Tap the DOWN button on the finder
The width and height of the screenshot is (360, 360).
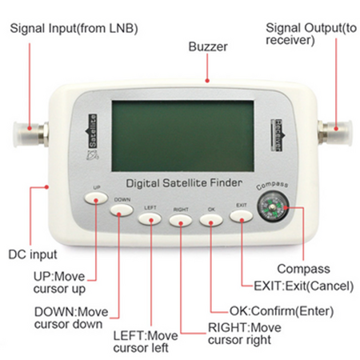point(122,210)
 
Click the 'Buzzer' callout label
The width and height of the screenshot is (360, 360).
point(208,47)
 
